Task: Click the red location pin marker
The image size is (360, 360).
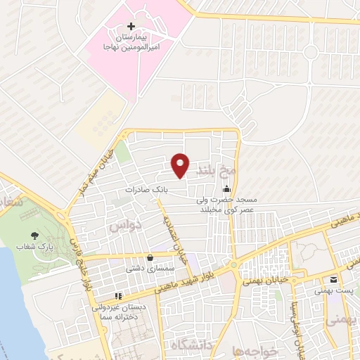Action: click(x=181, y=165)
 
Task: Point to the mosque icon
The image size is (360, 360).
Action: click(x=226, y=188)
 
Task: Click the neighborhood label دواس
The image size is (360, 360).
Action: click(x=127, y=225)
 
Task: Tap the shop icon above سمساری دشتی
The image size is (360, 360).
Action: click(x=149, y=257)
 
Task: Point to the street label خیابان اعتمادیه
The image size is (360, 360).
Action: click(x=176, y=238)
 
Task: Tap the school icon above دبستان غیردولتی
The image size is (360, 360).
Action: click(x=117, y=296)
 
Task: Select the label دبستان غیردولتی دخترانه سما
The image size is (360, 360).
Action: click(x=117, y=312)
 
